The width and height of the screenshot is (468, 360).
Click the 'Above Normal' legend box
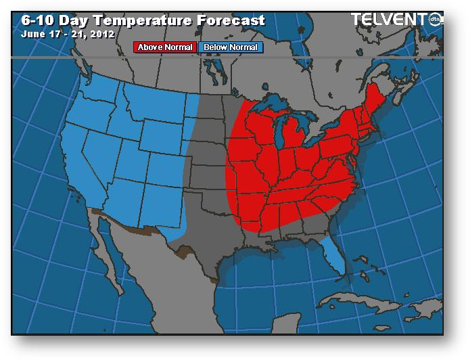tap(165, 47)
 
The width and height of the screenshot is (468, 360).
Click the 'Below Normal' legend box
tap(231, 47)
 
